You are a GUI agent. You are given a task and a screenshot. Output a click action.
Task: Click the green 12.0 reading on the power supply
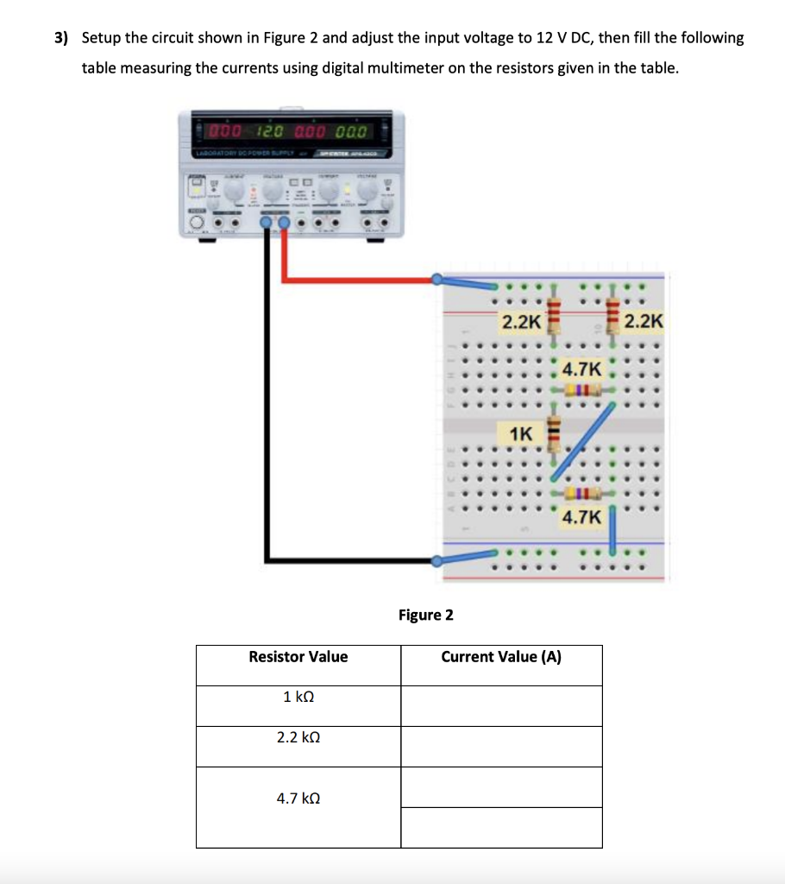269,132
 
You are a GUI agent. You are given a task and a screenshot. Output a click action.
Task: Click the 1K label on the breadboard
521,433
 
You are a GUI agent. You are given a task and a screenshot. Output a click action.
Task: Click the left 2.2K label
521,322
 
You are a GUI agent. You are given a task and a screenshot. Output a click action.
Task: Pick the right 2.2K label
644,322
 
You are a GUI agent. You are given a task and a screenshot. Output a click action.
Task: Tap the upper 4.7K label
581,369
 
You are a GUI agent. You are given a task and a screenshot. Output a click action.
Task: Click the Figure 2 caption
425,615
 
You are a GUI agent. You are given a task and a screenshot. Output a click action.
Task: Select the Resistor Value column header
298,657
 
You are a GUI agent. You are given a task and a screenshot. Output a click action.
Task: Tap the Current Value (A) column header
501,657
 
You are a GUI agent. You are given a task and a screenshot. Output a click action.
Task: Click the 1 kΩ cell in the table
298,697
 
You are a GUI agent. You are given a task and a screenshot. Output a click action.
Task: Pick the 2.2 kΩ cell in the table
298,737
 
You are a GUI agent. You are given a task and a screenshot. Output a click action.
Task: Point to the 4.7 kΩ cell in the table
298,799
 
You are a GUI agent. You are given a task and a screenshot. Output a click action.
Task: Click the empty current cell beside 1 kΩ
501,705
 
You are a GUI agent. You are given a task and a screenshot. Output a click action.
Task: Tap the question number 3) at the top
61,38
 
